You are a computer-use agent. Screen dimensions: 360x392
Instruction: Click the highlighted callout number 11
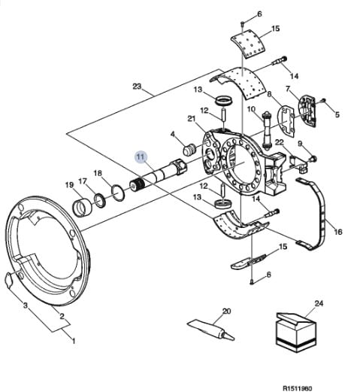pyautogui.click(x=141, y=156)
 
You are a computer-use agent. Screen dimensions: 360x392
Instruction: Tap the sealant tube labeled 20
pyautogui.click(x=210, y=330)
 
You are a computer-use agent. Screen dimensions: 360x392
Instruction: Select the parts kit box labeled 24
pyautogui.click(x=296, y=332)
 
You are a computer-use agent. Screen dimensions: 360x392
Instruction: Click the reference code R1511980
pyautogui.click(x=298, y=388)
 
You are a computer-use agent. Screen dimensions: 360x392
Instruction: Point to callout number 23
pyautogui.click(x=137, y=87)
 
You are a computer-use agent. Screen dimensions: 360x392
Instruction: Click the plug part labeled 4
pyautogui.click(x=189, y=150)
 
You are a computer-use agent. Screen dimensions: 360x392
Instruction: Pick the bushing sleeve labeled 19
pyautogui.click(x=82, y=208)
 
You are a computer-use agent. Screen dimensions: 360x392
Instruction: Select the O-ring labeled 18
pyautogui.click(x=118, y=193)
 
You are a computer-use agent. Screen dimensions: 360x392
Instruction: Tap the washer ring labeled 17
pyautogui.click(x=100, y=200)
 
